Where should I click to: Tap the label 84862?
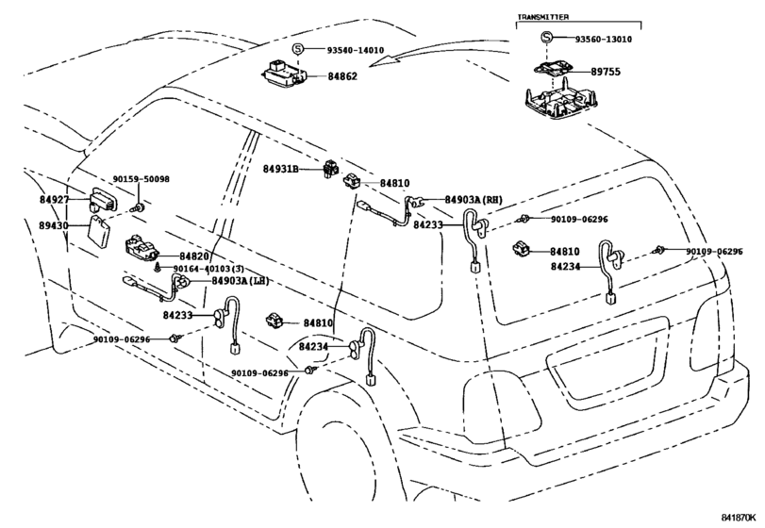tap(342, 76)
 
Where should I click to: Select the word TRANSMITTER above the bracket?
tap(542, 17)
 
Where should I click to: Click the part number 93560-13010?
tap(603, 40)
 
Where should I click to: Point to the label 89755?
tap(606, 72)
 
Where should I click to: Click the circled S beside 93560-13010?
tap(547, 38)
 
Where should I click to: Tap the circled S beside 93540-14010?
tap(298, 49)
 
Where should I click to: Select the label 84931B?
tap(280, 169)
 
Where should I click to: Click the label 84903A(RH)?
tap(474, 199)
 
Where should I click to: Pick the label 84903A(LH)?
tap(240, 281)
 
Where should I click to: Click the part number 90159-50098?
tap(141, 179)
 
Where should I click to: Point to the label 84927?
tap(54, 199)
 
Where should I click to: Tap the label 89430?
tap(54, 225)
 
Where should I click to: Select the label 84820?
tap(193, 256)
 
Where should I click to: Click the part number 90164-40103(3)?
tap(208, 269)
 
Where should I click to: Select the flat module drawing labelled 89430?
tap(99, 228)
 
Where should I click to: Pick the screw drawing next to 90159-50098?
tap(139, 208)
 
